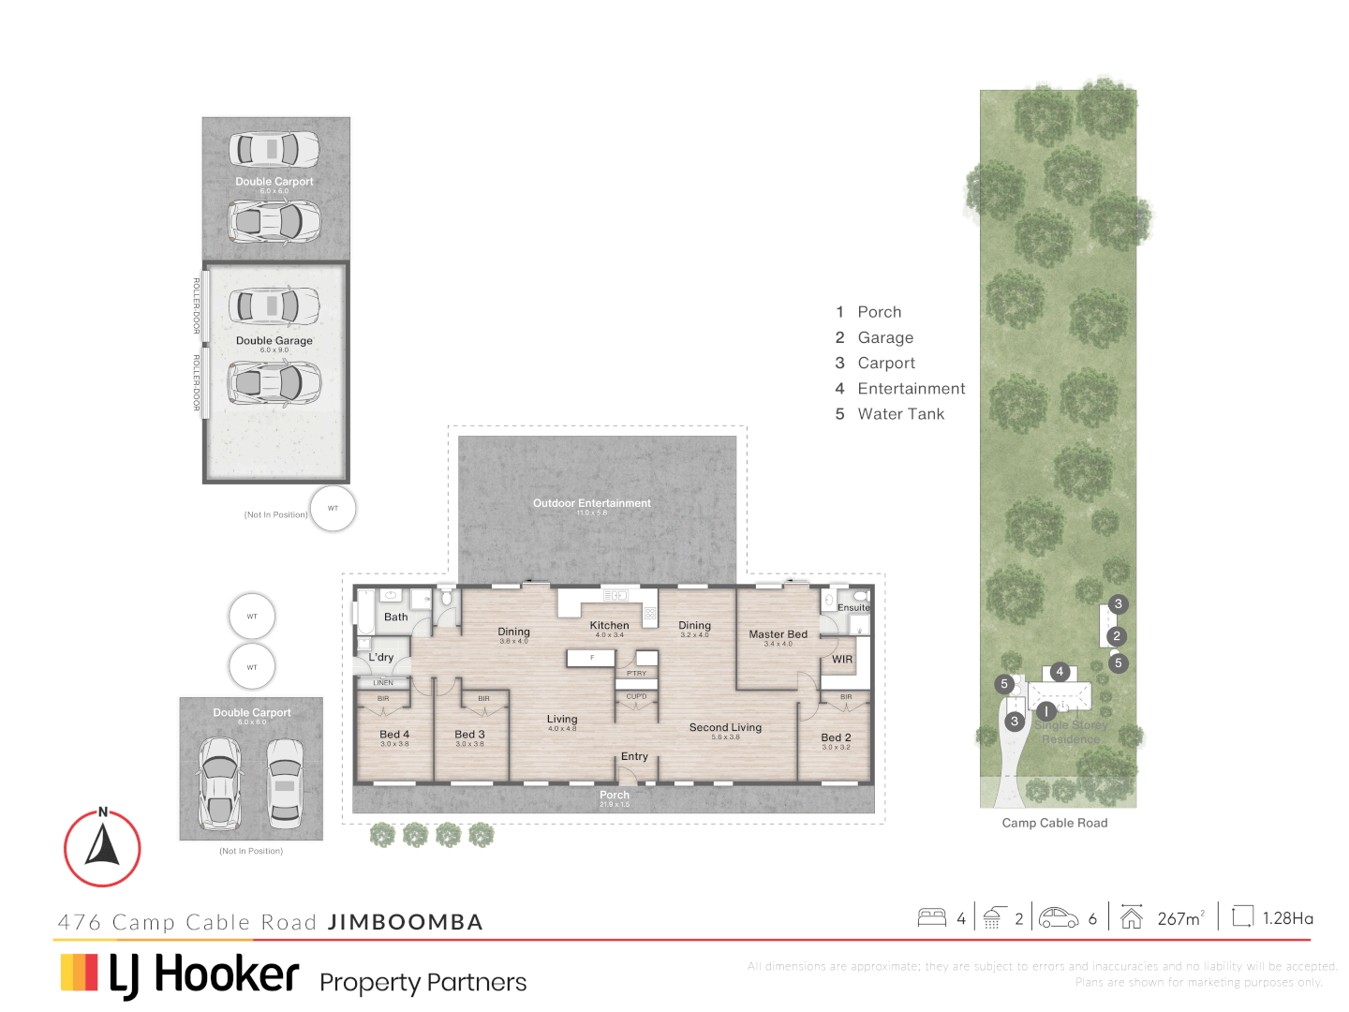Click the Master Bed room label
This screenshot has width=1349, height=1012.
(778, 634)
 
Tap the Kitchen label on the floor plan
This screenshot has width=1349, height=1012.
(609, 625)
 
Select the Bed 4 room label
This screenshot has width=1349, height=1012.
(394, 735)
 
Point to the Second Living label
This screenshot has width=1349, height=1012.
(725, 727)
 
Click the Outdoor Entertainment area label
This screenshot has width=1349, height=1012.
(592, 503)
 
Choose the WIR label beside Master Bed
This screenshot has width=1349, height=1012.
(842, 660)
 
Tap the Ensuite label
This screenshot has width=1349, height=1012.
(853, 608)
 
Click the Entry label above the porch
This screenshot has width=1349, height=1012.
(634, 756)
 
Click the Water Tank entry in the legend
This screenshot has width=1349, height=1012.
(900, 414)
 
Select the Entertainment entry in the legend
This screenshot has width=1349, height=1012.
(911, 389)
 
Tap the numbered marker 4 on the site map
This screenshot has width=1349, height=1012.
(1060, 672)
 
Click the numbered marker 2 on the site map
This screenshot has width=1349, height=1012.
(1116, 636)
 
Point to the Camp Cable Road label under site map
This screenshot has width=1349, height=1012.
(1055, 823)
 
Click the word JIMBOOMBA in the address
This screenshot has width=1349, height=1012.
(406, 922)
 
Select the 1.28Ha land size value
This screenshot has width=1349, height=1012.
(1287, 918)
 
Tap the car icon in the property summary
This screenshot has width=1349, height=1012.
(1059, 917)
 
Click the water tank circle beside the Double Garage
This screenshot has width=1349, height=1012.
(333, 509)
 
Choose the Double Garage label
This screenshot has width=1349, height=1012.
(274, 341)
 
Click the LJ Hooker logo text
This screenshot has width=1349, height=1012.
(204, 975)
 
